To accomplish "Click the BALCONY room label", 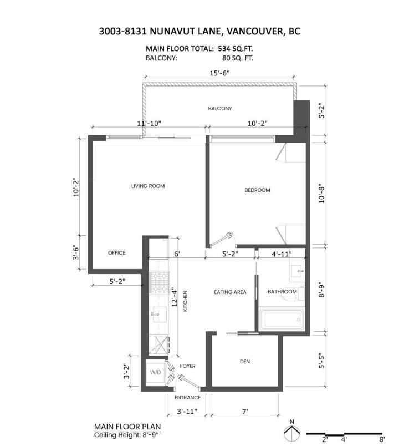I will [x=219, y=108].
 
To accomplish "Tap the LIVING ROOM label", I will [x=148, y=186].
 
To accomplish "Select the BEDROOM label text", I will [x=257, y=190].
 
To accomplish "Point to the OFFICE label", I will [x=116, y=253].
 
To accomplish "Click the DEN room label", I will [x=245, y=362].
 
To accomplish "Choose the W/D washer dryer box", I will [x=154, y=372].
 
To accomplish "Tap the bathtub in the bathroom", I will [x=282, y=320].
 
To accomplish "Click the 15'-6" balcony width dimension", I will [x=221, y=73].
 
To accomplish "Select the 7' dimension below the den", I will [x=244, y=412].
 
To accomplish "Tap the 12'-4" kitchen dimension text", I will [x=176, y=297].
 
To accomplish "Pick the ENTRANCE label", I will [x=187, y=398].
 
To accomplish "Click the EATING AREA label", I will [x=230, y=292].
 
